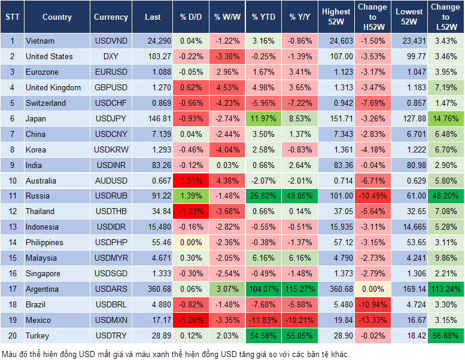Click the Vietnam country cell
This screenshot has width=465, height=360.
point(40,41)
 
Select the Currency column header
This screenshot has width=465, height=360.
point(111,17)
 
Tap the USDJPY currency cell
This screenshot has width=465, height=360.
point(111,118)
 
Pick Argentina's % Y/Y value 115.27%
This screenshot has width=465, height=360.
point(300,289)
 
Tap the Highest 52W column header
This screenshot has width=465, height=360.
point(336,17)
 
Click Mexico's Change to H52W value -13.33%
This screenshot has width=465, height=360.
point(372,321)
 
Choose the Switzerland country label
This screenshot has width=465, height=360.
point(47,103)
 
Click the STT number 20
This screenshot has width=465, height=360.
point(11,336)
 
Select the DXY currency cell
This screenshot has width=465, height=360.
point(111,56)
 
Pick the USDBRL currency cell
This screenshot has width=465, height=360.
point(111,305)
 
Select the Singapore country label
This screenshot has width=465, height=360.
point(42,274)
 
